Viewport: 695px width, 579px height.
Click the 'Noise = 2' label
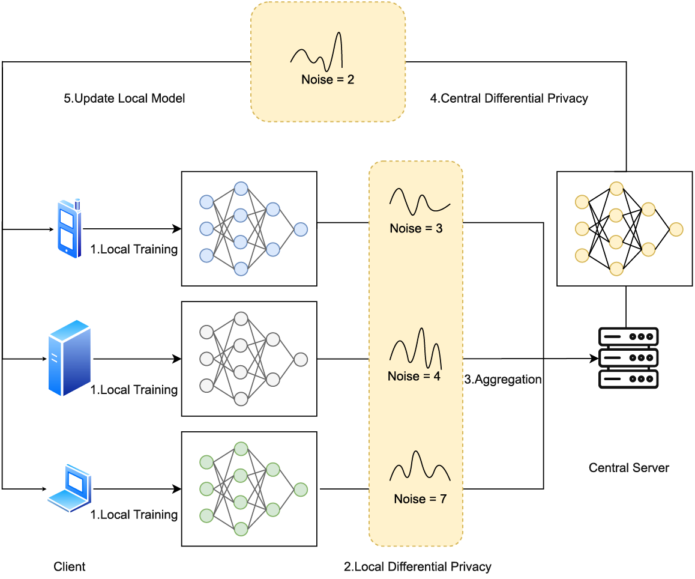click(328, 79)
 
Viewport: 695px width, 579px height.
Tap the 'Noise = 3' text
click(416, 229)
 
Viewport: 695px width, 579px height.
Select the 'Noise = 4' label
click(414, 377)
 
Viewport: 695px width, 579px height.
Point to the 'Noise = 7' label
click(420, 499)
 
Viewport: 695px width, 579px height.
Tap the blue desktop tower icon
click(69, 359)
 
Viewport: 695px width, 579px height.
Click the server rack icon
click(628, 358)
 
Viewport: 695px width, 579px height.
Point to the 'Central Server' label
click(628, 468)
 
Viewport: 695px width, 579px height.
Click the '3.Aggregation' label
click(503, 380)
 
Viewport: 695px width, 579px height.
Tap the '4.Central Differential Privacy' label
click(509, 99)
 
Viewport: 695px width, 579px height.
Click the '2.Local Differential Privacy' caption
click(417, 566)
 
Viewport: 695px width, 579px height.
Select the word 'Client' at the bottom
click(70, 566)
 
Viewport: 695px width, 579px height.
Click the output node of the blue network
click(301, 229)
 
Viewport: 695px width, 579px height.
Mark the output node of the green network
click(301, 490)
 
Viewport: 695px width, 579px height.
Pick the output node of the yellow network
click(676, 229)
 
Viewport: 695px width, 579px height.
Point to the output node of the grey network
click(301, 359)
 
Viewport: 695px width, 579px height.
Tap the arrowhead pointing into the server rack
click(595, 359)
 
